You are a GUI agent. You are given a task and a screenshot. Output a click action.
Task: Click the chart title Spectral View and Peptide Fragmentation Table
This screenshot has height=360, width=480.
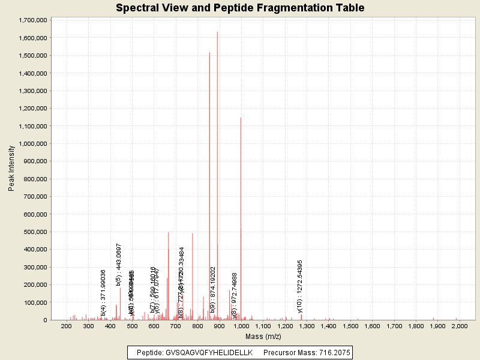click(x=240, y=8)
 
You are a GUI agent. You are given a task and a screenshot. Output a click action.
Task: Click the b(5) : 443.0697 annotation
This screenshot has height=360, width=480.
click(x=119, y=265)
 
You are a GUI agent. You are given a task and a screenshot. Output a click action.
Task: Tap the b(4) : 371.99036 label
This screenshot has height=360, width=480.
click(x=103, y=293)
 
